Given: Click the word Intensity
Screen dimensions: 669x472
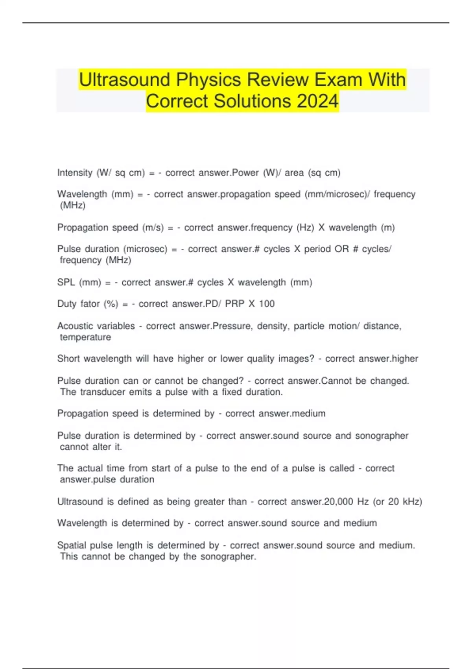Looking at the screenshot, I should tap(74, 173).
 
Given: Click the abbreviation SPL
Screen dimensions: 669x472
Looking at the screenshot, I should tap(66, 283).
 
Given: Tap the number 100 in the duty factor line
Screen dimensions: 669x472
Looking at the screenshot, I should tap(267, 304).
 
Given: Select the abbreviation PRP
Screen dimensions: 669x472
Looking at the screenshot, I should tap(235, 304).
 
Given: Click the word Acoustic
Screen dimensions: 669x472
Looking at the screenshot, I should tap(75, 326).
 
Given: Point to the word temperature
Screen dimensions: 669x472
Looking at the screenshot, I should tap(85, 337).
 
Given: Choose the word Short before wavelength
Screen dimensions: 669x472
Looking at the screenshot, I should tap(68, 359).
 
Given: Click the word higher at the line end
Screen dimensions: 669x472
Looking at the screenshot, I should tap(405, 359).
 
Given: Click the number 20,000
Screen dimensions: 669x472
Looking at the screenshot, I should tap(338, 502).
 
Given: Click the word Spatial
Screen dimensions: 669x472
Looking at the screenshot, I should tap(72, 545).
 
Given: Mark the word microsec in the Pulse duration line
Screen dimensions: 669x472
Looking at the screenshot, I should tap(145, 249).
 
